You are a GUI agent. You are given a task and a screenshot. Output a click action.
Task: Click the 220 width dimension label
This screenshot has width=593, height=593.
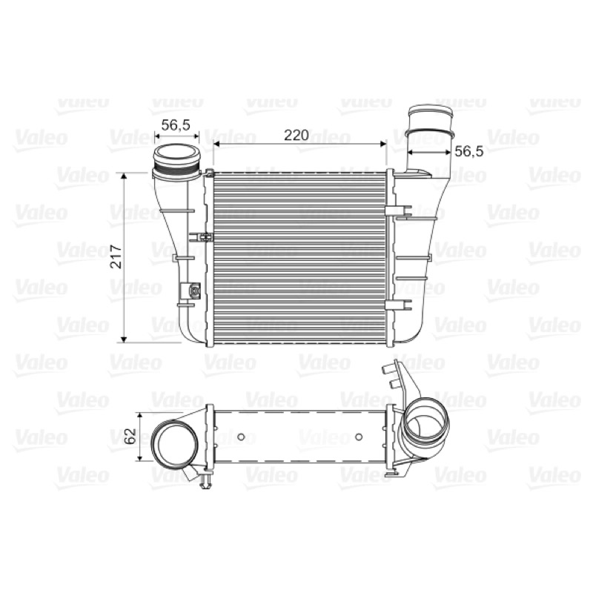[x=296, y=135]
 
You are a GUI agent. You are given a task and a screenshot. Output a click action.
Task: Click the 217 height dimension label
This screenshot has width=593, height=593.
[x=116, y=256]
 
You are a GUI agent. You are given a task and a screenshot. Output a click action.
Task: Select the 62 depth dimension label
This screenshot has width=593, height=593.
[x=130, y=436]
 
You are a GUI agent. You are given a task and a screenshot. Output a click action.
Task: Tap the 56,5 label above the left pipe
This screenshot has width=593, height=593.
[x=176, y=125]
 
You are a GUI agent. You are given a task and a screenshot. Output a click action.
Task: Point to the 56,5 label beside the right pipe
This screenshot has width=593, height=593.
[x=469, y=151]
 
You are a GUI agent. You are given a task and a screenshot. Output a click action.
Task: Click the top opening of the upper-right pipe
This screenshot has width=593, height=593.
[x=431, y=113]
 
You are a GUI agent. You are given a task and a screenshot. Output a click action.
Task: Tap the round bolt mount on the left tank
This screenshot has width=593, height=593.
[x=195, y=291]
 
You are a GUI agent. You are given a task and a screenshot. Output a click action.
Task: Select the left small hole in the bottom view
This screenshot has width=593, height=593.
[x=241, y=437]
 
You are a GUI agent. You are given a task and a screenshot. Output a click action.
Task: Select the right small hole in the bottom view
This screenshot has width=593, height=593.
[x=359, y=437]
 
